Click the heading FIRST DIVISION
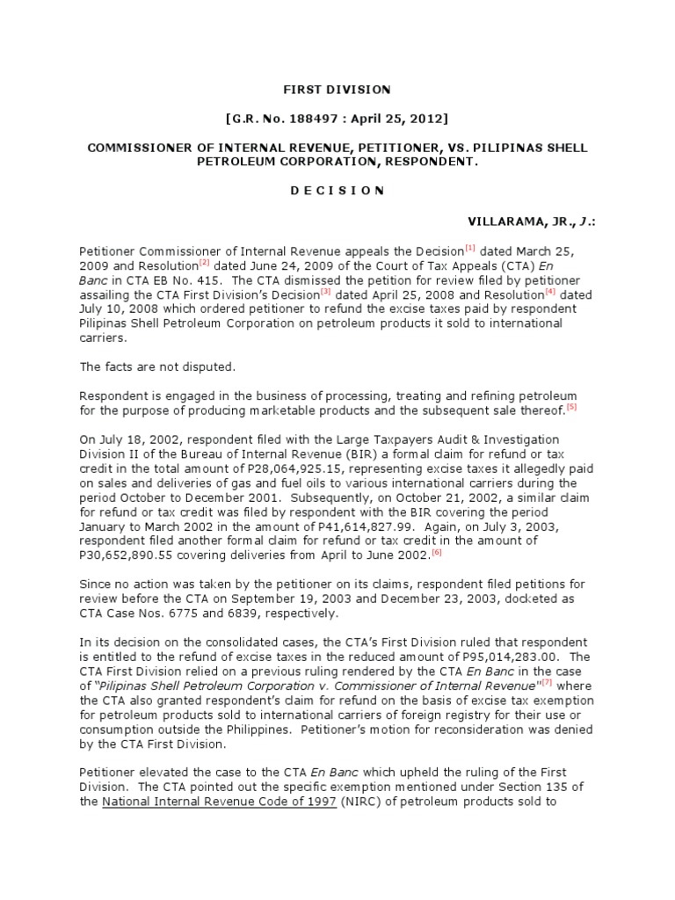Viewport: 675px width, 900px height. pyautogui.click(x=336, y=90)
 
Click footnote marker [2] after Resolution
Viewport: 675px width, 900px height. pyautogui.click(x=203, y=261)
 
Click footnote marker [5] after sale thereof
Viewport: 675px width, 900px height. pyautogui.click(x=571, y=407)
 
